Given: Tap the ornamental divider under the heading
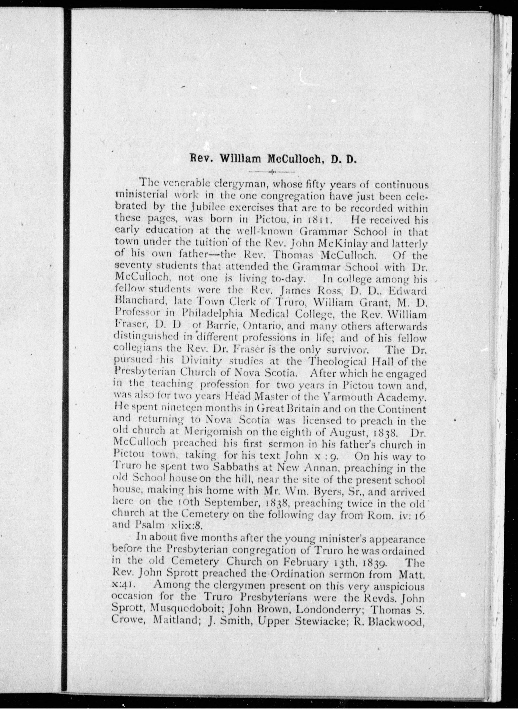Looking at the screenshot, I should coord(271,172).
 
